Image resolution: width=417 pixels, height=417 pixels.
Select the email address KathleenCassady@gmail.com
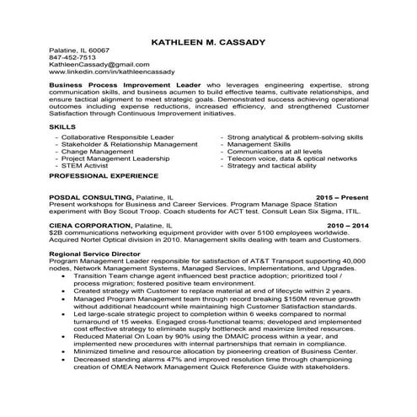click(93, 65)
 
